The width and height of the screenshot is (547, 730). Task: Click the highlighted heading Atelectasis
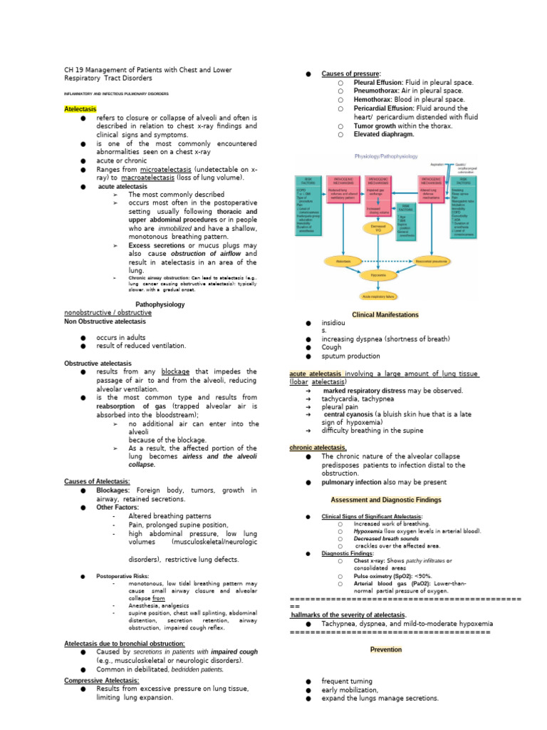(81, 109)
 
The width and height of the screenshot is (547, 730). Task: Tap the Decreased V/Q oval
(377, 227)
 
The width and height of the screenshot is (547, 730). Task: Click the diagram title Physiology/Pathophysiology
(386, 156)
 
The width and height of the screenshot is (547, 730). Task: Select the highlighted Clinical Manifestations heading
(385, 314)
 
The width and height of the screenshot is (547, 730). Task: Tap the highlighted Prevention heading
(386, 650)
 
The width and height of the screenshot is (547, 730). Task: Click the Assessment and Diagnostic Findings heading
(385, 500)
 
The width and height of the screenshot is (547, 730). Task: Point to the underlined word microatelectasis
(163, 169)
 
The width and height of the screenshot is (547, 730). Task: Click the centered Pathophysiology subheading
(160, 304)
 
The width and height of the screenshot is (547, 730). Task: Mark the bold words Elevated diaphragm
(384, 134)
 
